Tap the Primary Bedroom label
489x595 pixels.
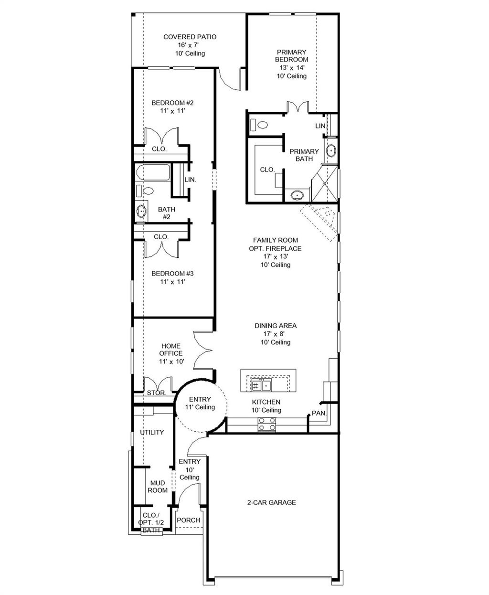(291, 56)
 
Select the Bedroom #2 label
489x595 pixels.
(172, 103)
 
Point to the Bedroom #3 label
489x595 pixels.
(172, 274)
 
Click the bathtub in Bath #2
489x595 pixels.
(153, 173)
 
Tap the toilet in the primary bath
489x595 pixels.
(261, 125)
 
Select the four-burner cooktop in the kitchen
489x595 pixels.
(267, 424)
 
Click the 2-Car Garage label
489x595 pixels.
(271, 502)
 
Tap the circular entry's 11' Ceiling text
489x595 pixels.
(200, 407)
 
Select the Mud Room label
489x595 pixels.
(157, 487)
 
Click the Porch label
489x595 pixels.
(188, 520)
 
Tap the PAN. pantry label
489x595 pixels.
(319, 413)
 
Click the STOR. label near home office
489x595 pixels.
(156, 393)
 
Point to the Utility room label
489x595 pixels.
(152, 432)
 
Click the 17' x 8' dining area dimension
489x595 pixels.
(275, 334)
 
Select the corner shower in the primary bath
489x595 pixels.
(324, 183)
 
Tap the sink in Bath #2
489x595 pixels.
(141, 210)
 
